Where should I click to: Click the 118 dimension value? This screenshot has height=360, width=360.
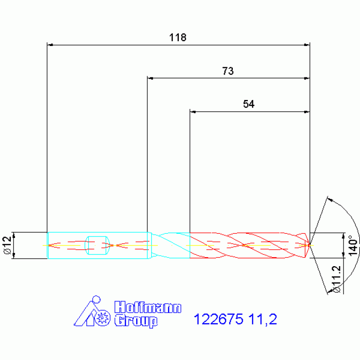178,38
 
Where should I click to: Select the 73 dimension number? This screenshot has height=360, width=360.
228,71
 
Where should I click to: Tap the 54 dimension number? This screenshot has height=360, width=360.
249,104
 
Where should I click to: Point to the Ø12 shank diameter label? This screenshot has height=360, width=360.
8,245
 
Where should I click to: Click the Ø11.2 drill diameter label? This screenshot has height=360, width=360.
337,279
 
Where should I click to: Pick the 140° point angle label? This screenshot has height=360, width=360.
353,245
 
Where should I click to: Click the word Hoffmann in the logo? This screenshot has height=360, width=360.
148,307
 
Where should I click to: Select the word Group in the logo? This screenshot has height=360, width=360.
136,321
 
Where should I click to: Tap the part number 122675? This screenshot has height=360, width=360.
218,319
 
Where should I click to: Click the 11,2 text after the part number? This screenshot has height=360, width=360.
263,320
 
